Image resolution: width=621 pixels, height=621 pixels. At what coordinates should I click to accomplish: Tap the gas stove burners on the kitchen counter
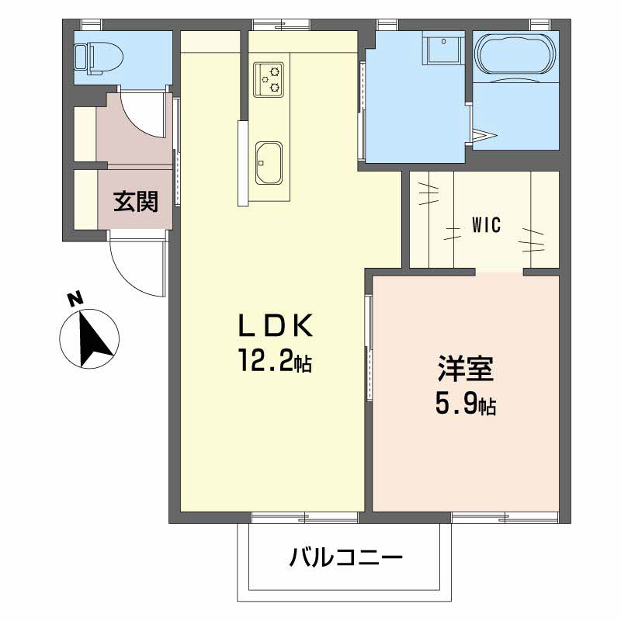point(269,79)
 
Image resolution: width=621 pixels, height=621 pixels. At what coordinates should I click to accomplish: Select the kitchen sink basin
point(269,162)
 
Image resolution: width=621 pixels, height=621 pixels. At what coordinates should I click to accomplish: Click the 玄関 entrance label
point(135,201)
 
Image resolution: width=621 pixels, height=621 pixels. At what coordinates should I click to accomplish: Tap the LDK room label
point(276,324)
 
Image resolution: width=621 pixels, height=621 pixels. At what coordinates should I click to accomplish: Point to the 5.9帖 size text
point(466,404)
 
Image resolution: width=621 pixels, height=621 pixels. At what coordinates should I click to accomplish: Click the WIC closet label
point(487,225)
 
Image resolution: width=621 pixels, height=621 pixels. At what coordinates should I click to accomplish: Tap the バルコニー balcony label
point(345,557)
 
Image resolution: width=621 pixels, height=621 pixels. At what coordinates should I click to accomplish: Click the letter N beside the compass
point(75,298)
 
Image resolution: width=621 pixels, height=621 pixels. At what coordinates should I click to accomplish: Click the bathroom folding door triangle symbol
point(484,135)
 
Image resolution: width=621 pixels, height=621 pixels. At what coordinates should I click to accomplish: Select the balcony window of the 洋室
point(505,517)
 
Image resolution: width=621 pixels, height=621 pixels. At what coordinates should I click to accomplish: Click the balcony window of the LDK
point(305,517)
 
